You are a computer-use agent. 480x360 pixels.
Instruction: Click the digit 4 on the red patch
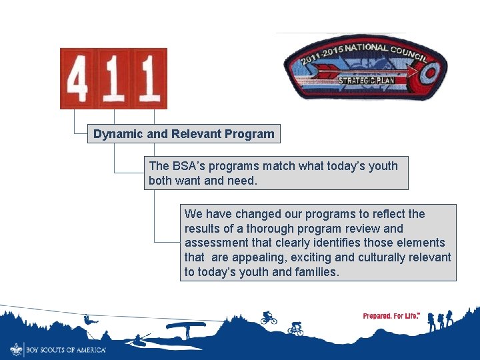pyautogui.click(x=78, y=79)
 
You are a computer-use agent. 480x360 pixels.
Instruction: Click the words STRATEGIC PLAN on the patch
pyautogui.click(x=367, y=81)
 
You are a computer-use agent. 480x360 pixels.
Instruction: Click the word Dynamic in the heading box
pyautogui.click(x=118, y=134)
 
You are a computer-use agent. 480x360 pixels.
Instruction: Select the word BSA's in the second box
pyautogui.click(x=191, y=166)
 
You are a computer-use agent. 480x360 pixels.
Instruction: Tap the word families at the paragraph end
pyautogui.click(x=315, y=273)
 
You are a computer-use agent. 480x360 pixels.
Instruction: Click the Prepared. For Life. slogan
pyautogui.click(x=391, y=316)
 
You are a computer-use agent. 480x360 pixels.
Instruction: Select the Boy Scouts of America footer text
pyautogui.click(x=66, y=349)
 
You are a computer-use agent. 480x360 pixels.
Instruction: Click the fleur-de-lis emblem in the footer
pyautogui.click(x=16, y=349)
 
